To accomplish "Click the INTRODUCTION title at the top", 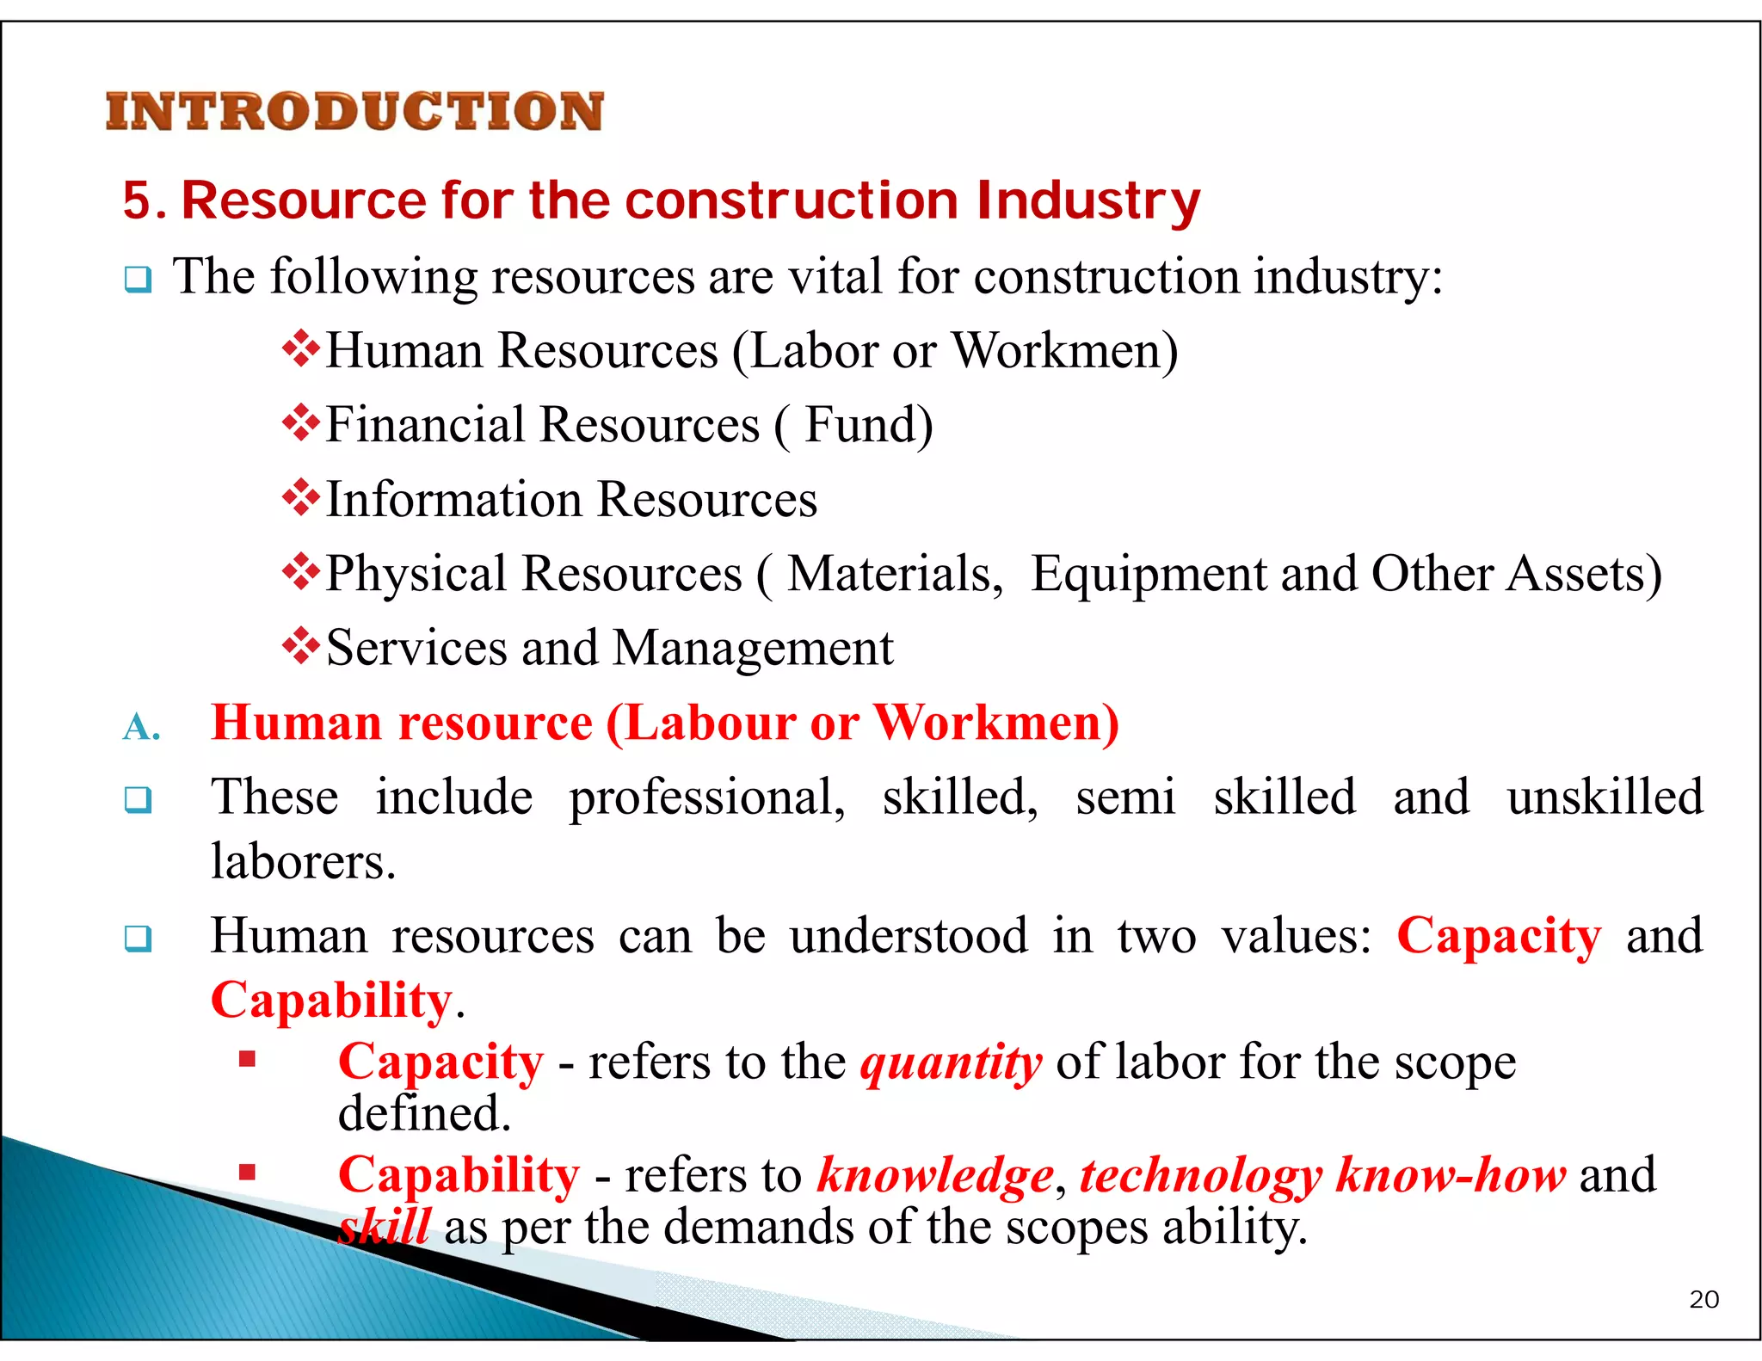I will (354, 112).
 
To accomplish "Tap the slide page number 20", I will (1703, 1299).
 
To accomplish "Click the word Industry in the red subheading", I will (1088, 201).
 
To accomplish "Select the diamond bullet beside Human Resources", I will (300, 350).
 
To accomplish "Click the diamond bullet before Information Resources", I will (300, 498).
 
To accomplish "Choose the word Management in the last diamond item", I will (753, 648).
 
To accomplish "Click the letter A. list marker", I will (141, 728).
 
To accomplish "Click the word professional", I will (706, 798).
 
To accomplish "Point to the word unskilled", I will (1605, 797).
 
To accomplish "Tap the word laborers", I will (303, 861).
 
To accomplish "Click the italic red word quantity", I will (951, 1063).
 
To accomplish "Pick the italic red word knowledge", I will (935, 1176).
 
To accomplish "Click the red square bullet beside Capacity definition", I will (248, 1059).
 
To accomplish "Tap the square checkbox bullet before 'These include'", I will (138, 799).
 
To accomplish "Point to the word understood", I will (909, 936).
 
